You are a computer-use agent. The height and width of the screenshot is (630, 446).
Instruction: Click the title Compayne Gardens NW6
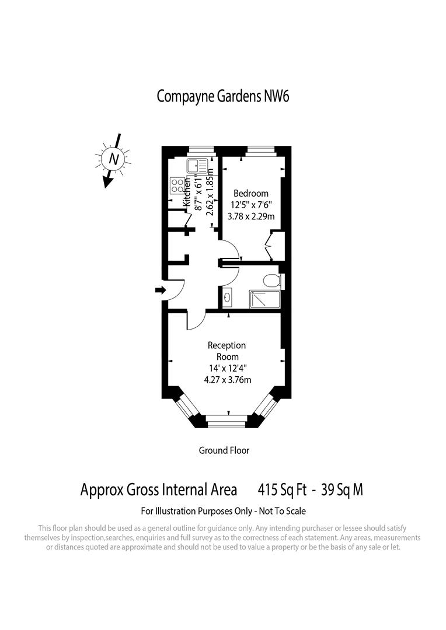(223, 96)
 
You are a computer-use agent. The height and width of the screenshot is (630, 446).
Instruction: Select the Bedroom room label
(251, 194)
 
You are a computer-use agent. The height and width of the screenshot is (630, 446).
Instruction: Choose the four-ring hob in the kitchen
(176, 186)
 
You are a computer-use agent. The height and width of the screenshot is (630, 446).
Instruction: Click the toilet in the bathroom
(271, 281)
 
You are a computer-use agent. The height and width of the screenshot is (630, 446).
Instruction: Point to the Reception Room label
(227, 351)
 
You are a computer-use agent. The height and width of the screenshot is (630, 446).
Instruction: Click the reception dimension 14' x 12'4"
(227, 368)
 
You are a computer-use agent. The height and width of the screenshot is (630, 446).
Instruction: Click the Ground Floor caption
(224, 450)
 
